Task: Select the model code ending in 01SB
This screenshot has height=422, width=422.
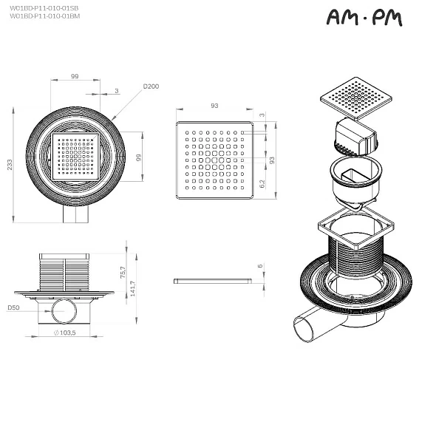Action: coord(44,7)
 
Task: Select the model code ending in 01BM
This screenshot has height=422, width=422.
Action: coord(44,16)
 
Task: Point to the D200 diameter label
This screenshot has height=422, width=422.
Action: coord(151,86)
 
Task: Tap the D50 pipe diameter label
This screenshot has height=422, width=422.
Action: coord(13,307)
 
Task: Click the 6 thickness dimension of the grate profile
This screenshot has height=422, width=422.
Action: coord(260,266)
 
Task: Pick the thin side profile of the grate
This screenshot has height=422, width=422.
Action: coord(212,281)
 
